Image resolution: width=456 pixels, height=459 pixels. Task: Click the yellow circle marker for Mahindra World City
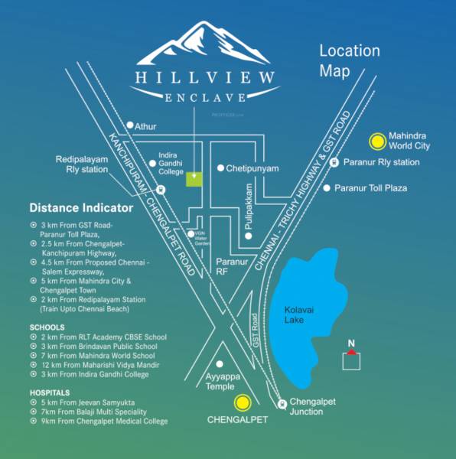click(x=377, y=141)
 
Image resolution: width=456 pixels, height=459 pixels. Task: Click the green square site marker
click(x=195, y=179)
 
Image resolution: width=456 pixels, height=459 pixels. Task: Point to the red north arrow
click(x=350, y=351)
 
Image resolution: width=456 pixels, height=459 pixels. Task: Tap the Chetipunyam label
click(x=252, y=168)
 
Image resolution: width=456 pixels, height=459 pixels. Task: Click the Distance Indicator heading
click(x=81, y=208)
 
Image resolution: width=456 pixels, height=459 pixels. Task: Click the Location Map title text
click(x=349, y=61)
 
